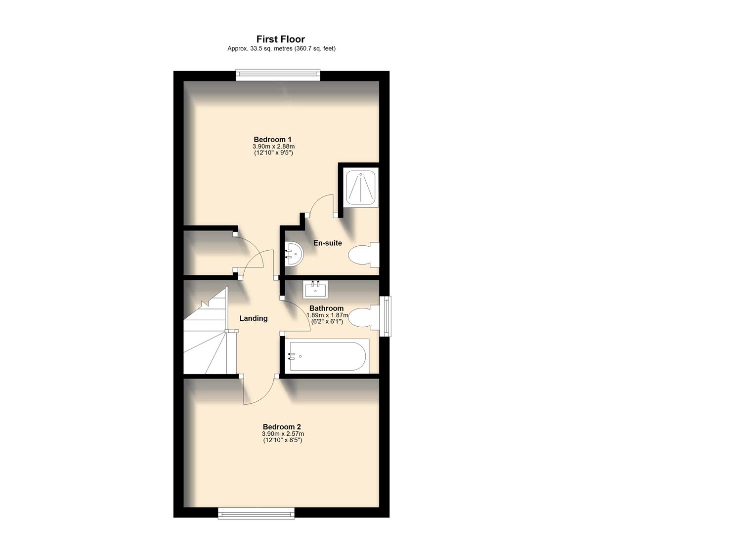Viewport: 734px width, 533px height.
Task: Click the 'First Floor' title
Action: (280, 39)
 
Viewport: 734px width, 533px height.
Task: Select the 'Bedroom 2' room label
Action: (282, 427)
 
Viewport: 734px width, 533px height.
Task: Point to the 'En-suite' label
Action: (327, 243)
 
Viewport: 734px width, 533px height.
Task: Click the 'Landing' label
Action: (253, 318)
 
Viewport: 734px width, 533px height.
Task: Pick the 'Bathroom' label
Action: (326, 308)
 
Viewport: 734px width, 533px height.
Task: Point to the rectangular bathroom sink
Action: (315, 289)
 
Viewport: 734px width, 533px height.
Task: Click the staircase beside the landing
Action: (206, 336)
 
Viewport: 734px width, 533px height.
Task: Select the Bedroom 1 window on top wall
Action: (277, 76)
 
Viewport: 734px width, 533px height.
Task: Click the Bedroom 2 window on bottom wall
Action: (256, 513)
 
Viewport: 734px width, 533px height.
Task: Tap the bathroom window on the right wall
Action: (385, 316)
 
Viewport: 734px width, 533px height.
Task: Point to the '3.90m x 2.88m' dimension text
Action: (273, 147)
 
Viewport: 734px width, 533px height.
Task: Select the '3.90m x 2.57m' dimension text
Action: (283, 434)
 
